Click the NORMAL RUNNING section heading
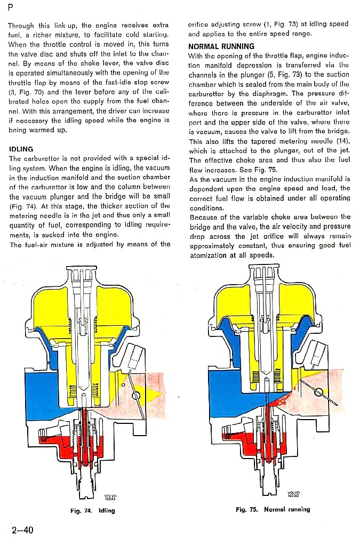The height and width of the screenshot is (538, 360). click(x=221, y=47)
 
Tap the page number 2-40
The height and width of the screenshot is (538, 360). click(x=22, y=529)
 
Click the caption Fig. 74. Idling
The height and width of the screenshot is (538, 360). click(x=92, y=510)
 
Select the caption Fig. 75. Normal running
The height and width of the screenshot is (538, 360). click(x=273, y=509)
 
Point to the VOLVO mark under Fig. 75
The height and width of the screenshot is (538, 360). click(x=293, y=494)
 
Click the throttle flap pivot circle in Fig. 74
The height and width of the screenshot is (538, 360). click(x=138, y=395)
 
